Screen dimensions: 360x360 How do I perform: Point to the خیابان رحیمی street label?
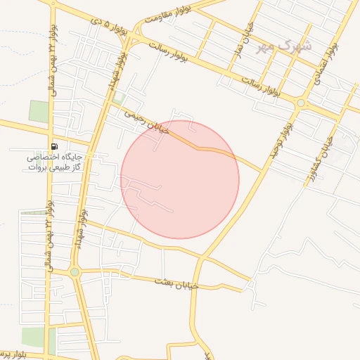[148, 122]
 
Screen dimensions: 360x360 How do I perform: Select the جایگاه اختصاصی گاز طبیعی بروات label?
[56, 162]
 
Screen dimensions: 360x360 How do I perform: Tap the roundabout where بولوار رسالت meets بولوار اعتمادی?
[301, 103]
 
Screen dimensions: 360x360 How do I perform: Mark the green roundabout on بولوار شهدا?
[75, 271]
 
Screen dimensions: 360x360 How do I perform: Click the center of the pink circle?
[180, 179]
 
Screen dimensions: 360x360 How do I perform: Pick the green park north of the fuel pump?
[39, 112]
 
